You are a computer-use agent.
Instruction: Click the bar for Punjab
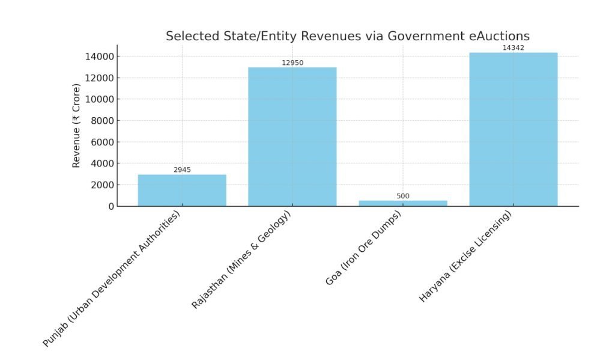pyautogui.click(x=182, y=191)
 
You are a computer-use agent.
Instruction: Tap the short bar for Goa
pyautogui.click(x=403, y=203)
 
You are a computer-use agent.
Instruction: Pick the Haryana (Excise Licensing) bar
pyautogui.click(x=513, y=129)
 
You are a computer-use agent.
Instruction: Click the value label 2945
pyautogui.click(x=182, y=170)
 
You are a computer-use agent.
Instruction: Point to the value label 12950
pyautogui.click(x=292, y=63)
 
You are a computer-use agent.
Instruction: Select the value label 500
pyautogui.click(x=403, y=196)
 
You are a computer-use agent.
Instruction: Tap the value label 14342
pyautogui.click(x=513, y=48)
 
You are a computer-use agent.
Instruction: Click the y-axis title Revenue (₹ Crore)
pyautogui.click(x=76, y=126)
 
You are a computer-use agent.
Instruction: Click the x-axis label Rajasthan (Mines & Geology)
pyautogui.click(x=241, y=260)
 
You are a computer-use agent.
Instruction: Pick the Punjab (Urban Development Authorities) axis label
pyautogui.click(x=112, y=279)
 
